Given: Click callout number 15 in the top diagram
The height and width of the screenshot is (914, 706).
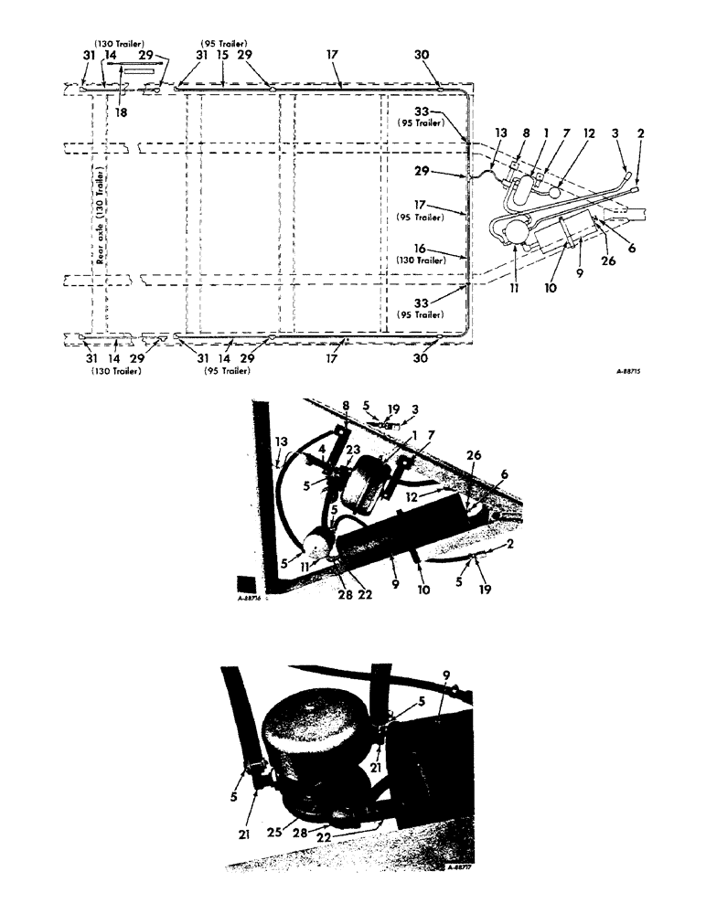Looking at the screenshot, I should (x=224, y=56).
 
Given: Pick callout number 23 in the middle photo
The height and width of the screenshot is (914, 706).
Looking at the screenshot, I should (x=352, y=462).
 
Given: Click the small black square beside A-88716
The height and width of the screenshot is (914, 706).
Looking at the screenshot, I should (x=244, y=584).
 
